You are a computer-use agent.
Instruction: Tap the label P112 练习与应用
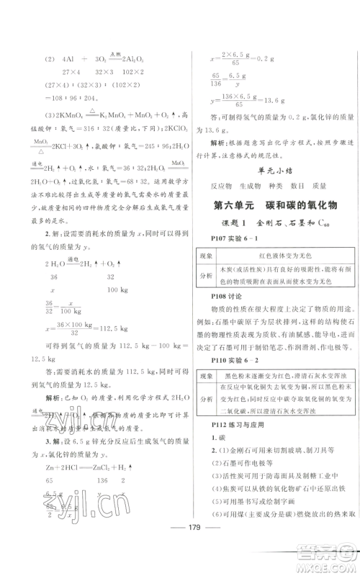coord(229,476)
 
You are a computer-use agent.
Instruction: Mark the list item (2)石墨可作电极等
coord(234,516)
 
